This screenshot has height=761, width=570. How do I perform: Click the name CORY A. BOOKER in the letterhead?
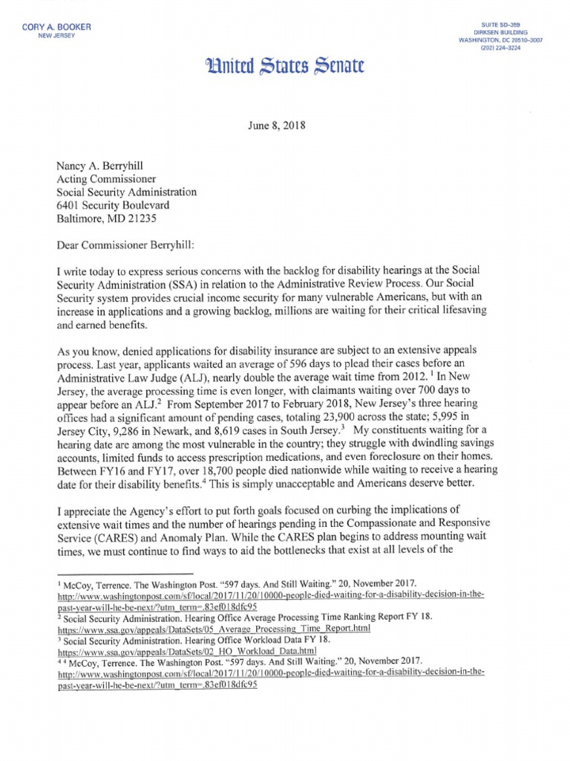coord(57,27)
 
